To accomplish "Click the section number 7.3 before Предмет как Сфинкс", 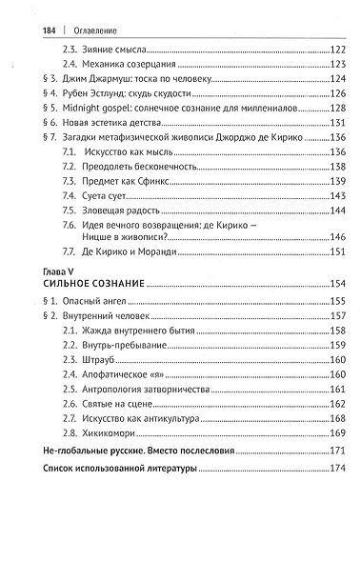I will [x=70, y=181].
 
